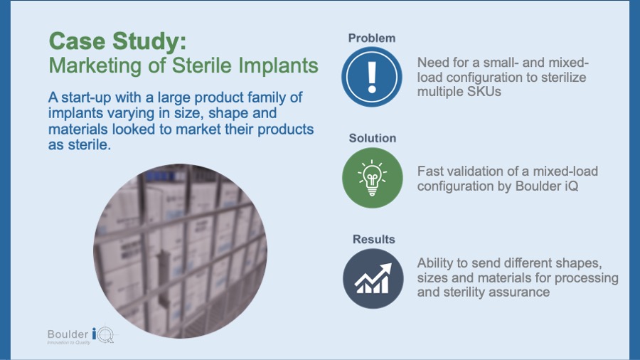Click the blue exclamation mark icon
(371, 77)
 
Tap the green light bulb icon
(372, 178)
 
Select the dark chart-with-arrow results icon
(373, 279)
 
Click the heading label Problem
(371, 38)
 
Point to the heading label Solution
(372, 138)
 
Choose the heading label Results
(373, 239)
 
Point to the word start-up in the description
(86, 98)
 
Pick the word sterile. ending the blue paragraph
(89, 144)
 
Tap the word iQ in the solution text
(572, 186)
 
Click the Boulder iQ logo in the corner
(81, 336)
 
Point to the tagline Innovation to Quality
(68, 342)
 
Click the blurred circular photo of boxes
(181, 250)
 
